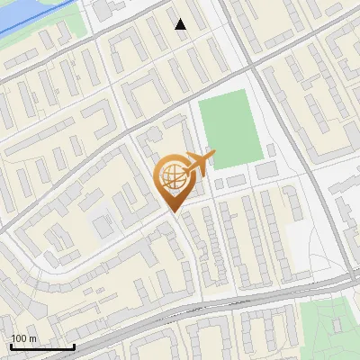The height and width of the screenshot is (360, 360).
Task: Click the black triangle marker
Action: click(181, 24)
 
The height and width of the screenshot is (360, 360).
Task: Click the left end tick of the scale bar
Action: click(10, 346)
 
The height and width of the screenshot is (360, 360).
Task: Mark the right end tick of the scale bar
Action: click(75, 346)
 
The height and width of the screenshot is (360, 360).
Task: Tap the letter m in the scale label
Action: click(33, 338)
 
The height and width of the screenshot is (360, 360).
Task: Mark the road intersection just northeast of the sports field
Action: click(256, 69)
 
